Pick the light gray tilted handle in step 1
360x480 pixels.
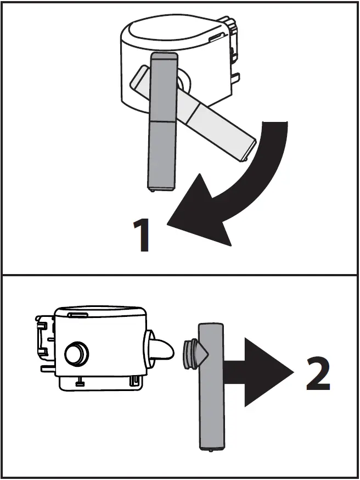[x=220, y=125]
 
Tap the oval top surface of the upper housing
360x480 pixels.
[x=171, y=32]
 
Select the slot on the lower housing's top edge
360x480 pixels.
[x=78, y=315]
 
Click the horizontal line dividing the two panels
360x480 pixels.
[x=180, y=275]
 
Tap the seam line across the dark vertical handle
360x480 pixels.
[x=163, y=120]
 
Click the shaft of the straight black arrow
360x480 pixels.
[x=233, y=372]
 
